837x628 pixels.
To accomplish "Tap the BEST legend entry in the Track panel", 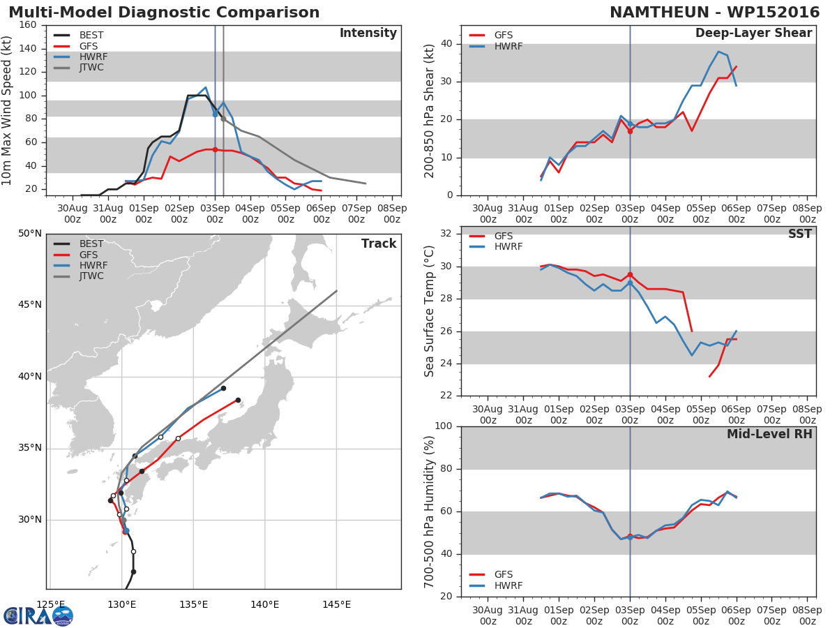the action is coord(79,244).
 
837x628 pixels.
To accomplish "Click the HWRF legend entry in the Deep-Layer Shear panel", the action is coord(496,46).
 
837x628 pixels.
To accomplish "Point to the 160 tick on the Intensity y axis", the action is coord(27,25).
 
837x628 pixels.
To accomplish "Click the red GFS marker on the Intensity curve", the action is coord(215,150).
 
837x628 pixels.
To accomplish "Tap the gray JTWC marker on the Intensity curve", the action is coord(223,119).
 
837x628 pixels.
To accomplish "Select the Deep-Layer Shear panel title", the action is coord(753,33).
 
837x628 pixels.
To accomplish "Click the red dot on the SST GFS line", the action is coord(630,274).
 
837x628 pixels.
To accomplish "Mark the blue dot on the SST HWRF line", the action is coord(630,283).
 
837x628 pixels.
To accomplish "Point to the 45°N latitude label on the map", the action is coord(30,305).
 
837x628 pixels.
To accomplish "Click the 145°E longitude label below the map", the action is coord(336,604).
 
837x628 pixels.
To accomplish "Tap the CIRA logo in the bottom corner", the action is coord(38,616).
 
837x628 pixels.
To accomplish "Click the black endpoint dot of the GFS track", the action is coord(238,400).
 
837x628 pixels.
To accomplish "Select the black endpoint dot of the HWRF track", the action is coord(223,388).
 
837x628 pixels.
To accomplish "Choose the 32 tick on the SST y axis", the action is coord(446,234).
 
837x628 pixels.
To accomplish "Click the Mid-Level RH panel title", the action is coord(769,434).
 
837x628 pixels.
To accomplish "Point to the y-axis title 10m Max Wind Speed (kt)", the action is coord(6,110).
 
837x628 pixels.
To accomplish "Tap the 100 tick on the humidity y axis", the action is coord(444,426).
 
